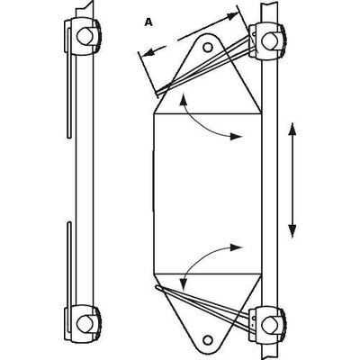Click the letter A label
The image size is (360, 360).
tap(148, 22)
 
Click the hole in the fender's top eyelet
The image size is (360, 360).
tap(207, 47)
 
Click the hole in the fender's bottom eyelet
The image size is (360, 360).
tap(207, 339)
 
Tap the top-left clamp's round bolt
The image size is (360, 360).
tap(85, 36)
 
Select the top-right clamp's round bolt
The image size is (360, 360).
tap(269, 40)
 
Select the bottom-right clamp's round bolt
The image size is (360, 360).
tap(269, 323)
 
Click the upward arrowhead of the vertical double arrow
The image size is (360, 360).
tap(292, 130)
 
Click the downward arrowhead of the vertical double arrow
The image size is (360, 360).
tap(292, 230)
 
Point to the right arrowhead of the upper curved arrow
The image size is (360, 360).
tap(236, 137)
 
